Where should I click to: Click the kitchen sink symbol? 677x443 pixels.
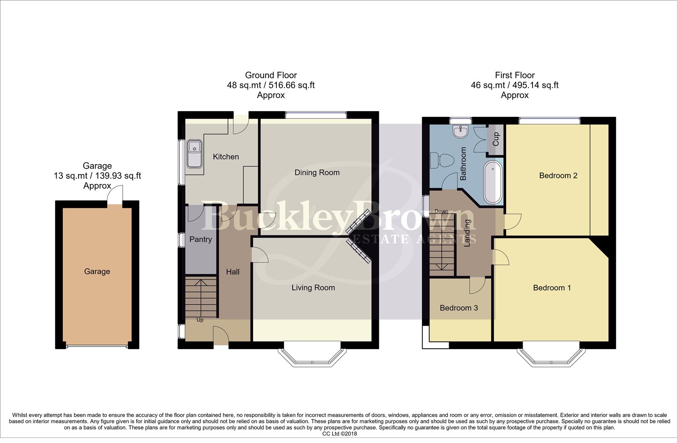tap(194, 153)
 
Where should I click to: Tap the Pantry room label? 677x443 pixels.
tap(200, 239)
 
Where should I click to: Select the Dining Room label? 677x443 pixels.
tap(317, 172)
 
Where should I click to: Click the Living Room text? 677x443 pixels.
tap(313, 288)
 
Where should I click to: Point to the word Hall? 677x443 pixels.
tap(232, 272)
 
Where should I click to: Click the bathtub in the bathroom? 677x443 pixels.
tap(493, 183)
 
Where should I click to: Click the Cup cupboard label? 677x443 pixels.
tap(496, 139)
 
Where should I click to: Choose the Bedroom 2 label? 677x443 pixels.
tap(558, 176)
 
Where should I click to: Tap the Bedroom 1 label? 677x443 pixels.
tap(552, 288)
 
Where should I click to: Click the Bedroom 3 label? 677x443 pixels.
tap(459, 308)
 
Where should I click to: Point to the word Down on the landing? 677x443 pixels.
tap(441, 211)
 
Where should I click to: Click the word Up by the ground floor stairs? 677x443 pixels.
tap(200, 320)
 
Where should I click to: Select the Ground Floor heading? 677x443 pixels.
tap(271, 75)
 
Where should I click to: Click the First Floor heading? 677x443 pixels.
tap(514, 75)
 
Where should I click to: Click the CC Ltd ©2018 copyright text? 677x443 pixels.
tap(340, 434)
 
